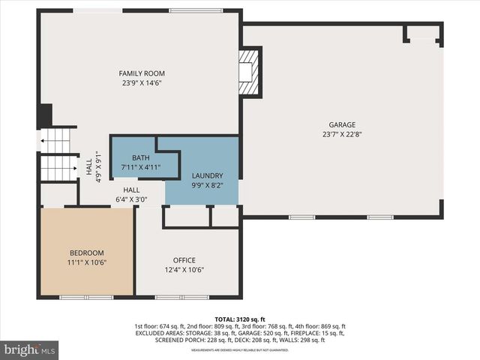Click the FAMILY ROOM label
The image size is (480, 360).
coord(141,73)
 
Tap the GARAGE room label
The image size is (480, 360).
coord(342,125)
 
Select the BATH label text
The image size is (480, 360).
coord(141,158)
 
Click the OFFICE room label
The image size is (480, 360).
coord(184,260)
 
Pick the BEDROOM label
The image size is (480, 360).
coord(87,253)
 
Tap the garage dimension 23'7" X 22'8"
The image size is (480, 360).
coord(342,135)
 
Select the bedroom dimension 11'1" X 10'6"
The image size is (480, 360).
coord(87,262)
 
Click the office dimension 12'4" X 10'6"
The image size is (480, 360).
coord(184,270)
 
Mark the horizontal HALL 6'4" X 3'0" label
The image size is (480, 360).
coord(131,195)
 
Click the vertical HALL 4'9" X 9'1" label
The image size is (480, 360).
coord(92,166)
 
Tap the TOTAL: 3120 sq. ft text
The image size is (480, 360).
coord(240,319)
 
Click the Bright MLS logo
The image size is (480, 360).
coord(30,349)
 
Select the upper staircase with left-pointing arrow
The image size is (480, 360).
coord(58,139)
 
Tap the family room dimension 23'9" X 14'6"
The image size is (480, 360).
coord(141,82)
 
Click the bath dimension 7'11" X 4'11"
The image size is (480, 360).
coord(141,168)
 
